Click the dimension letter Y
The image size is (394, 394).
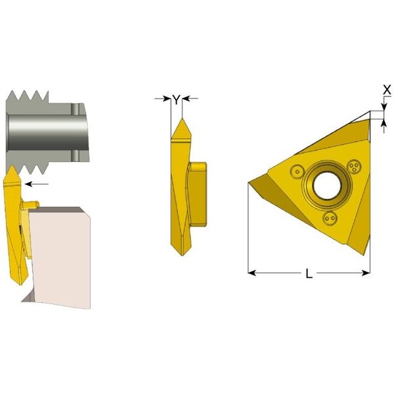(177, 100)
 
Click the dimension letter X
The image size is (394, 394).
(387, 90)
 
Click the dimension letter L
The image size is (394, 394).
(309, 273)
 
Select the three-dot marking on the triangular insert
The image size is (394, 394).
(354, 166)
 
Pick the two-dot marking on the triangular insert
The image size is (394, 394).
(330, 218)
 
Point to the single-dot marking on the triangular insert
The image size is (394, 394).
(297, 172)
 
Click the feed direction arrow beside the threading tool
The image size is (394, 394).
(37, 184)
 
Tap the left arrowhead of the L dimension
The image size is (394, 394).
(252, 273)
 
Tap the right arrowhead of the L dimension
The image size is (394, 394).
(366, 273)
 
